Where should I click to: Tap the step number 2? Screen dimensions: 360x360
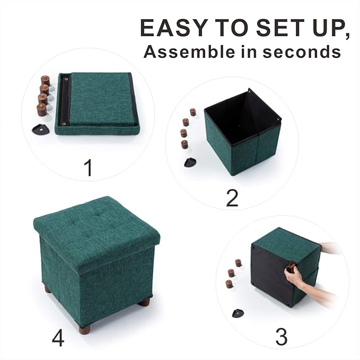point(232,197)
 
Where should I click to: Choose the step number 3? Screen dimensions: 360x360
point(282,337)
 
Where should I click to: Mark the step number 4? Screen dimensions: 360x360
point(58,338)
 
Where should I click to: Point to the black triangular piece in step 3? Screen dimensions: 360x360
point(238,313)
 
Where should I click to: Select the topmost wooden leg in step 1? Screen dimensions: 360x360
point(45,81)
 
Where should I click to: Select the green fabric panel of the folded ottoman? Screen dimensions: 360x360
point(100,99)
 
